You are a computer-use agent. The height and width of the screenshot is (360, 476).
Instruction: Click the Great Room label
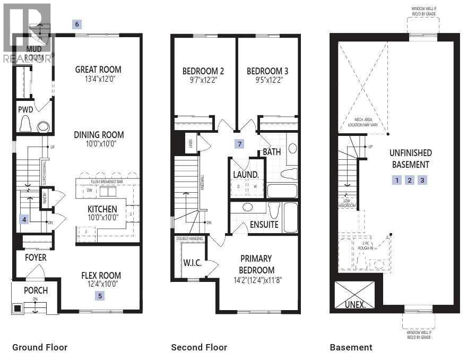point(98,69)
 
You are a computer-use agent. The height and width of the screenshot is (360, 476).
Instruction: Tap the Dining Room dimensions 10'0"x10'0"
point(98,144)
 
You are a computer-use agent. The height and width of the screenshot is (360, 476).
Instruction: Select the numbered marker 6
point(77,24)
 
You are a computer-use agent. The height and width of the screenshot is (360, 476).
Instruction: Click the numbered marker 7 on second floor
point(240,144)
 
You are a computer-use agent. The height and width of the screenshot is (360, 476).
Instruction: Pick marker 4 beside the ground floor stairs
point(23,218)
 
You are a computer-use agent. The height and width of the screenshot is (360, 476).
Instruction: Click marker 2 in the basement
point(409,180)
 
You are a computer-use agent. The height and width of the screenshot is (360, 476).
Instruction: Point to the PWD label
point(25,110)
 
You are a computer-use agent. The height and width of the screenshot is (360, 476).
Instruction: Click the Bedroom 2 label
point(203,71)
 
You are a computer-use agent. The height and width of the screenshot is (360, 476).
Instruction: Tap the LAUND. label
point(246,174)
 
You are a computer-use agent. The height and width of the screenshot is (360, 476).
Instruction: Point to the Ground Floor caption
point(40,347)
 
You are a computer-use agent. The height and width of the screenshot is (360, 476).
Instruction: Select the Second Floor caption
point(199,347)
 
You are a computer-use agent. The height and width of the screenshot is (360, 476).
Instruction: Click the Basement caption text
point(351,347)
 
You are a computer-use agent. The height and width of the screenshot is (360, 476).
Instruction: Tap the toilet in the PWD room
point(25,124)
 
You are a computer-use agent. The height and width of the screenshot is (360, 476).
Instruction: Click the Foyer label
point(36,258)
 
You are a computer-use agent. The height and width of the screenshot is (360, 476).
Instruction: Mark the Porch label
point(36,290)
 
